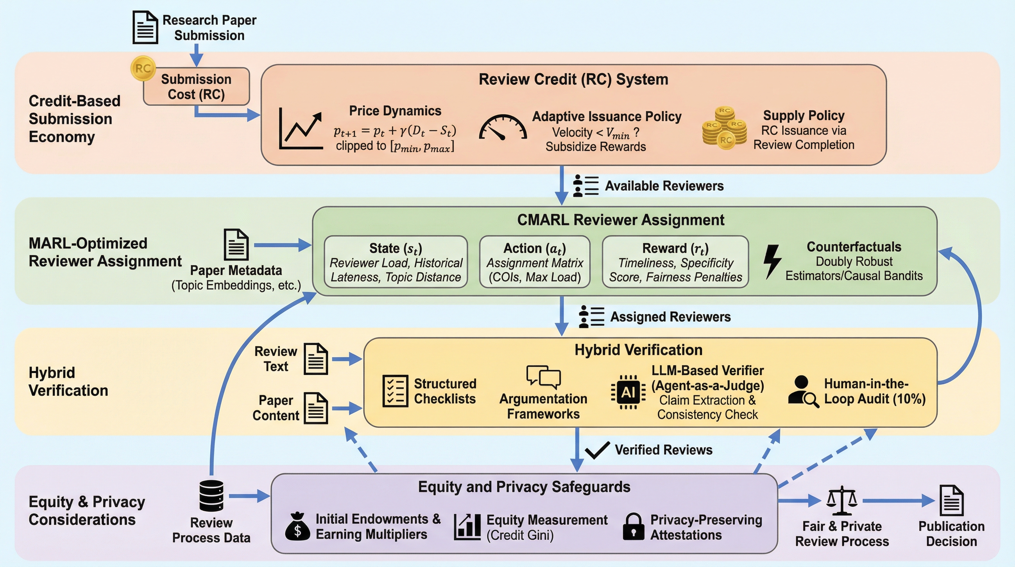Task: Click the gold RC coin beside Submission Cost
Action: pos(143,68)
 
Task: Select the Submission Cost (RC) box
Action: pos(196,87)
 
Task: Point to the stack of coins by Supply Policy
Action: pos(724,128)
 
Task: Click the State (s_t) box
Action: pos(396,262)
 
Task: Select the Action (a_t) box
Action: pos(535,262)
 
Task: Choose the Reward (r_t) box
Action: pos(675,262)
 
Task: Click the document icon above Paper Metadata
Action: pos(236,244)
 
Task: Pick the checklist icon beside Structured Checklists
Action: pos(395,391)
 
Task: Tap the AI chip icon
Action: pos(628,392)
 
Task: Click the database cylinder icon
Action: pos(211,496)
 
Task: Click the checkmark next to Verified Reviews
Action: pos(597,450)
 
